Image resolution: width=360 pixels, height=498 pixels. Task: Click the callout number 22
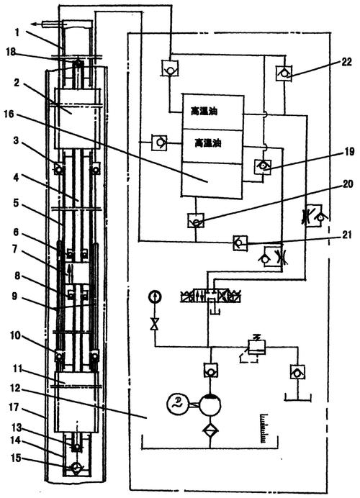click(x=346, y=62)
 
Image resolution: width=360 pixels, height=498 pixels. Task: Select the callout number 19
click(x=349, y=152)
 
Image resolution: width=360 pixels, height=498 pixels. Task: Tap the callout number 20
click(x=348, y=184)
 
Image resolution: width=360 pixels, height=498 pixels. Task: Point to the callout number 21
click(x=348, y=235)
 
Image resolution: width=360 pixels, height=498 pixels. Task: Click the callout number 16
click(x=9, y=114)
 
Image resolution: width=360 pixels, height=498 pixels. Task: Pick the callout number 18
click(x=11, y=51)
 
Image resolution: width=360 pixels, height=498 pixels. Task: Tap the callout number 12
click(x=14, y=388)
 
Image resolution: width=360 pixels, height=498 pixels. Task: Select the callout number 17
click(x=14, y=407)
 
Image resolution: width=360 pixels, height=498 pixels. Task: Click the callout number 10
click(x=15, y=335)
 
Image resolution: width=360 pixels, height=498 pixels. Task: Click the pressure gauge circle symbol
click(x=155, y=297)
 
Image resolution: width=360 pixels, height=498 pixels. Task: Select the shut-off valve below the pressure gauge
click(x=155, y=325)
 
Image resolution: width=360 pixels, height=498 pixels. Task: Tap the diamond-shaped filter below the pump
click(x=210, y=430)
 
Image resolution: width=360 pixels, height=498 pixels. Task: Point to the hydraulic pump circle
click(x=210, y=404)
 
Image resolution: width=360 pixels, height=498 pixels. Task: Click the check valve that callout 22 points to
click(x=284, y=73)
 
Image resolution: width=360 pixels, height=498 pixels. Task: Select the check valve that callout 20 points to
click(x=196, y=220)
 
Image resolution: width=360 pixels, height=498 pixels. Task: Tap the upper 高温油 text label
click(x=204, y=112)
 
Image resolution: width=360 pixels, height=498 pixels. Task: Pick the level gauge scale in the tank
click(x=264, y=428)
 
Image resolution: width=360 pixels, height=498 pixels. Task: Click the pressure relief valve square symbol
click(x=256, y=347)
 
